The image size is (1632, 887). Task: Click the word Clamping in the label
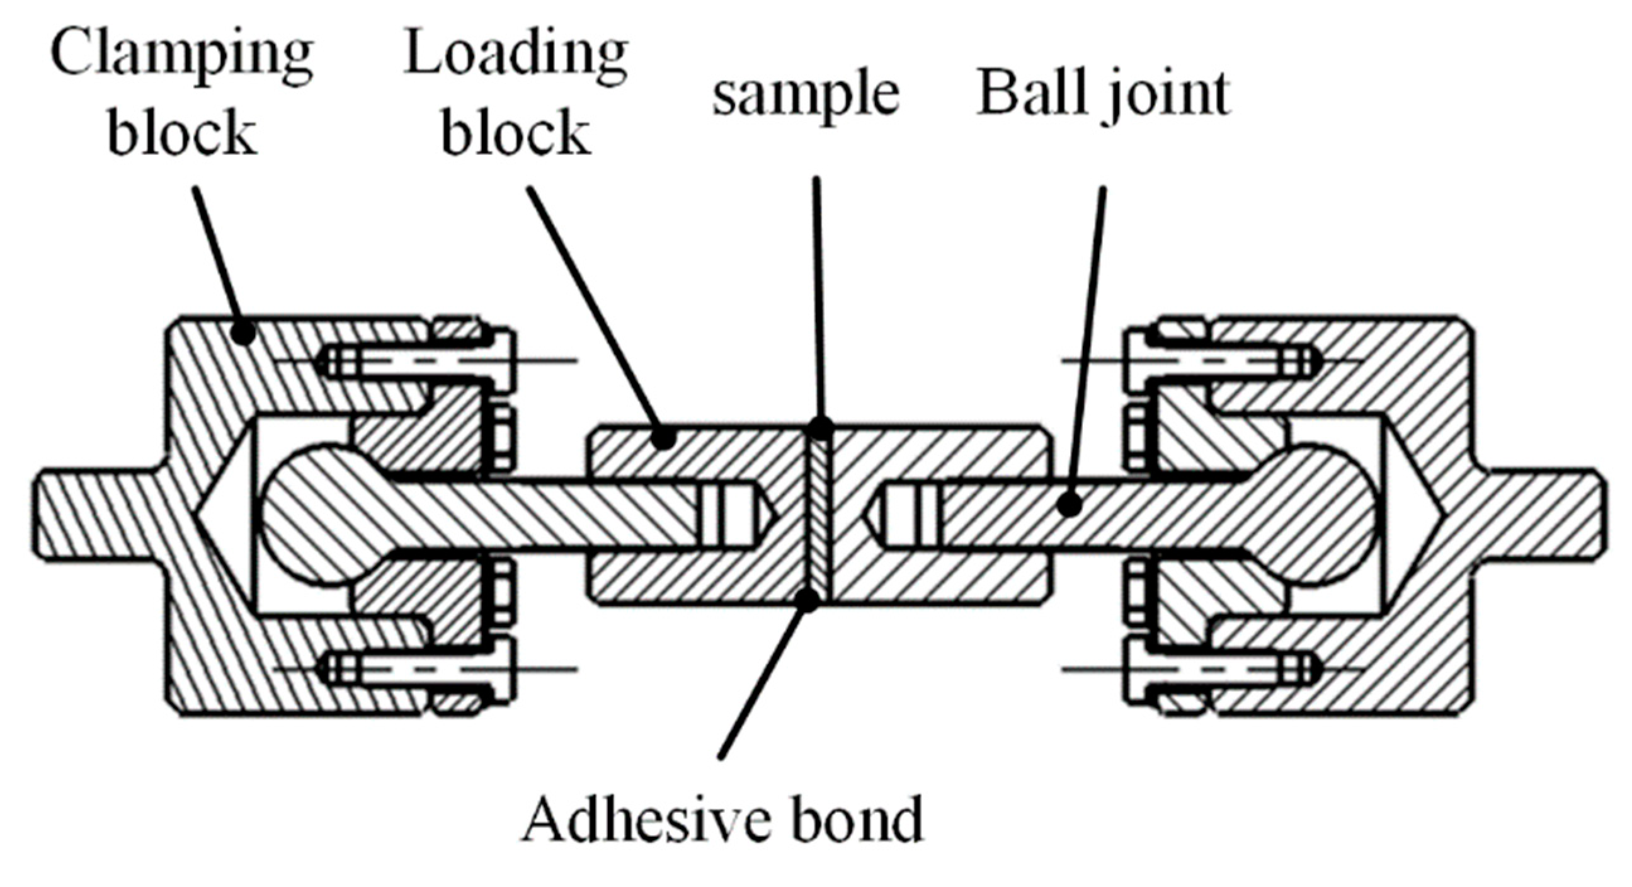coord(182,56)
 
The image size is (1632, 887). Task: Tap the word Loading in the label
coord(516,56)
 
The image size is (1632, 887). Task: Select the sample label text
coord(806,95)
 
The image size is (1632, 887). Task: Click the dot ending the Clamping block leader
coord(243,331)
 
